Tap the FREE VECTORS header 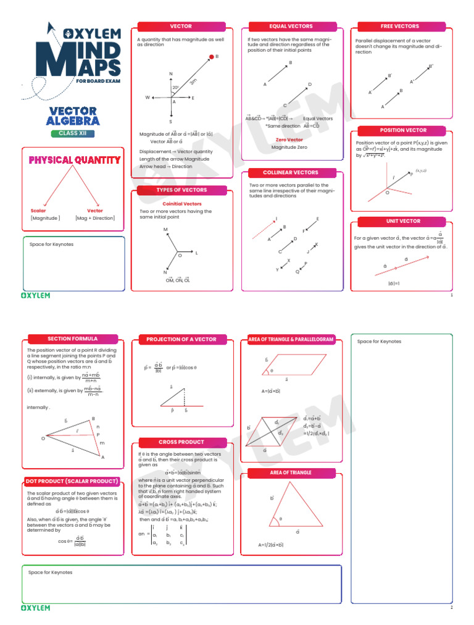[x=399, y=27]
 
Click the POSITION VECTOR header [x=402, y=130]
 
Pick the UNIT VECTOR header [x=402, y=220]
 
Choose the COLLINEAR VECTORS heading [x=291, y=173]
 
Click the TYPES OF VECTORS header [x=181, y=190]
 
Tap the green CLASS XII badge [x=73, y=133]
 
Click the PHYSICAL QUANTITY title [x=75, y=161]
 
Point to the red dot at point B [x=211, y=57]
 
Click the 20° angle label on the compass [x=176, y=88]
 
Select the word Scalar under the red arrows [x=38, y=211]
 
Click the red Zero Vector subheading [x=289, y=140]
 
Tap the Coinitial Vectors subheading [x=181, y=203]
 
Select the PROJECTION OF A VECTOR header [x=181, y=339]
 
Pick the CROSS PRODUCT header [x=181, y=442]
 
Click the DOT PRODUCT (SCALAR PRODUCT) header [x=72, y=481]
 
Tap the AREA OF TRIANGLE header [x=291, y=472]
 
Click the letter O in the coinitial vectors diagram [x=180, y=255]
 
